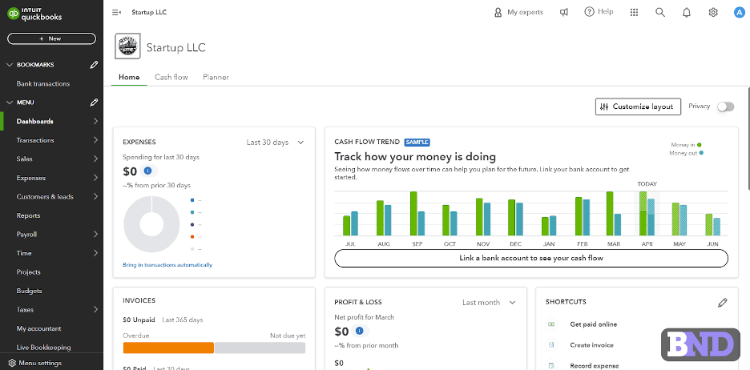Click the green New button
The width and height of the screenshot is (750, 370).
(51, 38)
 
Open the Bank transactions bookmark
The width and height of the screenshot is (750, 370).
(43, 83)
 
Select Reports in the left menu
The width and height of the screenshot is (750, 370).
(29, 215)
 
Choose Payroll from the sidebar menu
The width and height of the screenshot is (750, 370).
(27, 235)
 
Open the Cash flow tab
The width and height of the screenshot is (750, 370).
(171, 77)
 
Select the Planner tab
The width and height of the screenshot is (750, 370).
(216, 77)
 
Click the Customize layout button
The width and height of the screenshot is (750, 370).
(639, 107)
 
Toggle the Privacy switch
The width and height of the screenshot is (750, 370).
(725, 107)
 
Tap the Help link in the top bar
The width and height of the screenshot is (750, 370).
(599, 12)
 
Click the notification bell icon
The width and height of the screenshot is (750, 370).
(687, 12)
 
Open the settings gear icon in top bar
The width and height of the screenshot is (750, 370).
(713, 12)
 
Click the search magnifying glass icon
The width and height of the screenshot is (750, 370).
(660, 12)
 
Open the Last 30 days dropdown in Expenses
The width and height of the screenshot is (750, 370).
(275, 143)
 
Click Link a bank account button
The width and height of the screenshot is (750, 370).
(530, 258)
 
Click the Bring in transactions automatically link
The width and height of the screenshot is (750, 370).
(167, 264)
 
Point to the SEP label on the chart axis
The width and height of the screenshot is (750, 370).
(417, 243)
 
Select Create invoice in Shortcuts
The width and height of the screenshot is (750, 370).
(591, 344)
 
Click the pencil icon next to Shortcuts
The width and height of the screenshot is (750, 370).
(723, 302)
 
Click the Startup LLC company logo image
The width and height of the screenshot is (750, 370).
(127, 46)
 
